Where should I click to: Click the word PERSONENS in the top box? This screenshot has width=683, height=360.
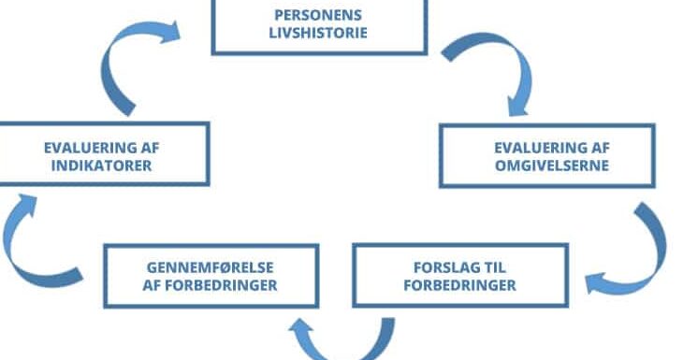click(318, 15)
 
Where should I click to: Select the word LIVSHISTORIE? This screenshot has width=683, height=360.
click(318, 33)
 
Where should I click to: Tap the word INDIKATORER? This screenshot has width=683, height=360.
click(101, 166)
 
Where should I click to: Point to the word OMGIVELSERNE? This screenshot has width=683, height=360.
click(552, 166)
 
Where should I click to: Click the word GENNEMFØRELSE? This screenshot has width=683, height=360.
click(210, 267)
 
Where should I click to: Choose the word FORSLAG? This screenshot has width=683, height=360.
click(439, 267)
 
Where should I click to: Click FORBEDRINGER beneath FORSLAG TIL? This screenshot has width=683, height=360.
click(460, 285)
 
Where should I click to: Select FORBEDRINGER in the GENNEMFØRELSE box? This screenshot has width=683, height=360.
click(222, 285)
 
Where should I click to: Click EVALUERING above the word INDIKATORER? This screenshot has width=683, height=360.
click(86, 148)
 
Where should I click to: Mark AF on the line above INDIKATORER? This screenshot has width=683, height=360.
click(150, 148)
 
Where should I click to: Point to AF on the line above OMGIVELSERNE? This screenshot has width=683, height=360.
click(601, 148)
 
